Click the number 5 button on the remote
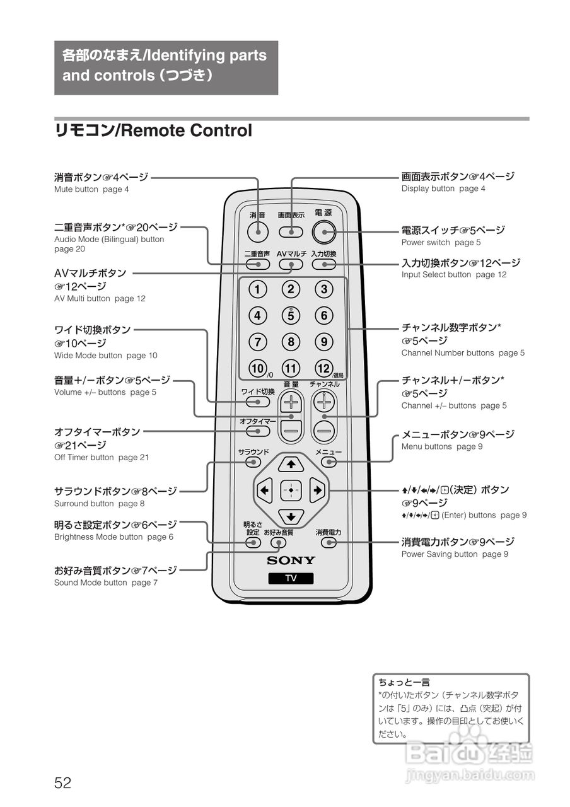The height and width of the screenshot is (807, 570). (291, 315)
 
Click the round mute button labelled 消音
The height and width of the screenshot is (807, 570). (258, 232)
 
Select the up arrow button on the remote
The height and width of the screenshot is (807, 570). (291, 465)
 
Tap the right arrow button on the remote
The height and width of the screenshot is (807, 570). (317, 490)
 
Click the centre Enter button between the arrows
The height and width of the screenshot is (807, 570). (291, 490)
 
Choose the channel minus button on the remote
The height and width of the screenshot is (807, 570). (324, 431)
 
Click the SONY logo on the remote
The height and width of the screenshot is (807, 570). (291, 560)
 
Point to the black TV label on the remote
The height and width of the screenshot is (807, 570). (291, 578)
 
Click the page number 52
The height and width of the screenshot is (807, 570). (62, 783)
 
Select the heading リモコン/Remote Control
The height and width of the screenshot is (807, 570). (153, 131)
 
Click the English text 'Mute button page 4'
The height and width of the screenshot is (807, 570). (91, 189)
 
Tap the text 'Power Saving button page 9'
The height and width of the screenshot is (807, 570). (455, 554)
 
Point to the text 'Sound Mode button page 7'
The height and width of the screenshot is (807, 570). (106, 583)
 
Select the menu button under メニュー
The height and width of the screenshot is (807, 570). (329, 462)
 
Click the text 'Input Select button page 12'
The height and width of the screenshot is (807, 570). (453, 275)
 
